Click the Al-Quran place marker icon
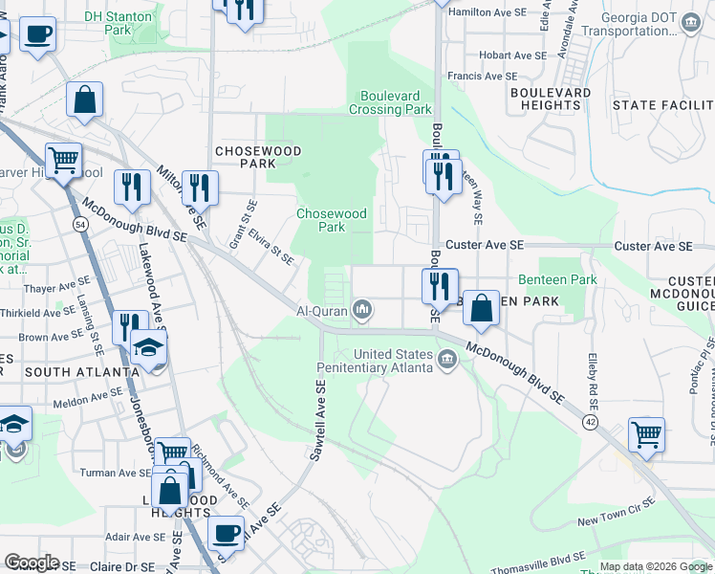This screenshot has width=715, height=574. pyautogui.click(x=362, y=310)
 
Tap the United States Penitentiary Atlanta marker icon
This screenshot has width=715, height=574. pyautogui.click(x=446, y=360)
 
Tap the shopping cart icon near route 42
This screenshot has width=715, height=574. pyautogui.click(x=647, y=434)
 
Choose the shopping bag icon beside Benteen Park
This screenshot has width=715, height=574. pyautogui.click(x=483, y=308)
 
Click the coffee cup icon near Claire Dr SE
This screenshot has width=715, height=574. pyautogui.click(x=227, y=533)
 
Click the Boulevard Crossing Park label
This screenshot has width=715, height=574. pyautogui.click(x=396, y=102)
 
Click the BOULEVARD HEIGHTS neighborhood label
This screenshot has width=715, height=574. pyautogui.click(x=551, y=99)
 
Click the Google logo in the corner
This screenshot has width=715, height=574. pyautogui.click(x=32, y=563)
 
